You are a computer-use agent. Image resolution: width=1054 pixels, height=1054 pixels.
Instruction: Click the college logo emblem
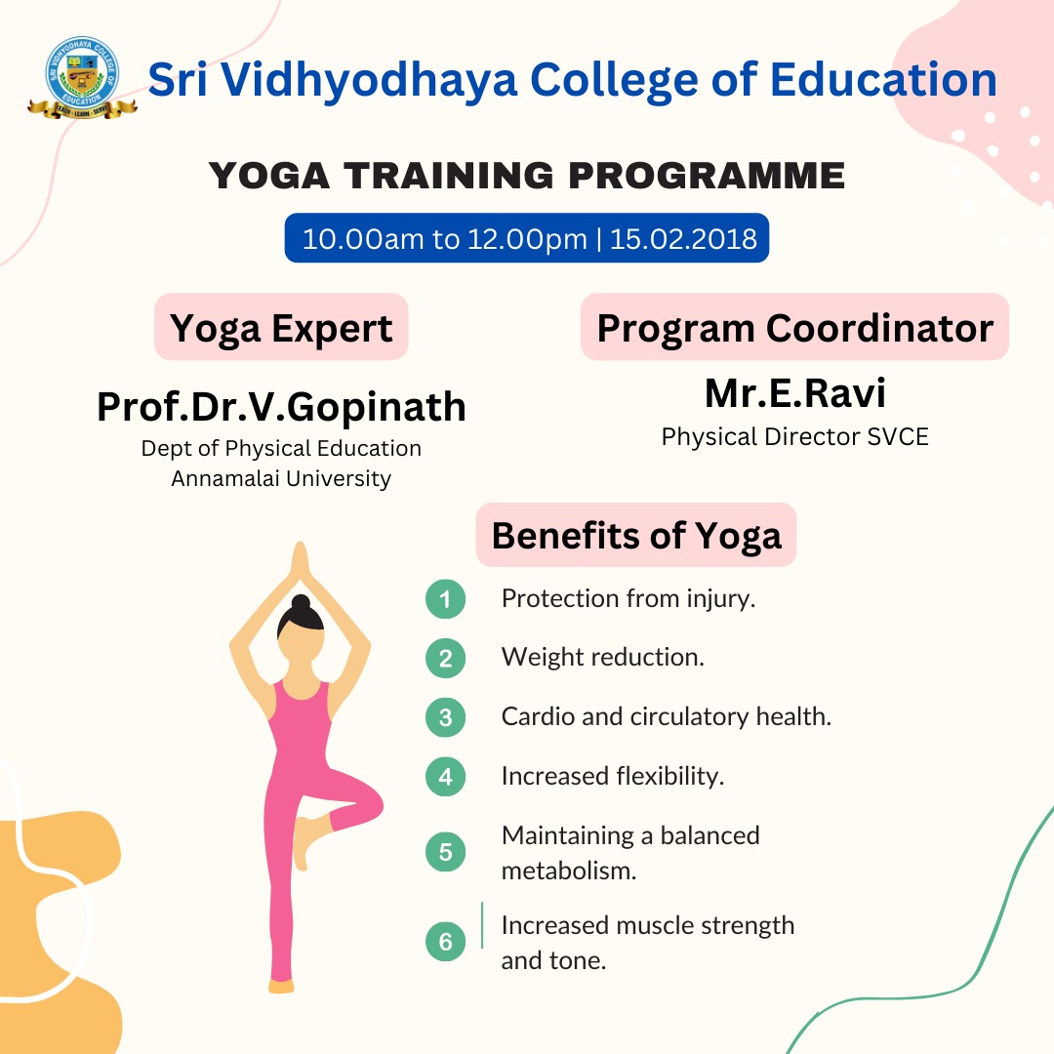[82, 78]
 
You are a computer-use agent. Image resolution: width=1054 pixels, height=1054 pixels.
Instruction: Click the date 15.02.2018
[683, 239]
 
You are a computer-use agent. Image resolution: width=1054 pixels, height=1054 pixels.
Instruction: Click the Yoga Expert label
[281, 329]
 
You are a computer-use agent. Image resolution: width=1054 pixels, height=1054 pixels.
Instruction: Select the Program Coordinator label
[795, 328]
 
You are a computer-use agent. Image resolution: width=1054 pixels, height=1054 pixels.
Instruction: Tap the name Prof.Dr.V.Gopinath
[281, 407]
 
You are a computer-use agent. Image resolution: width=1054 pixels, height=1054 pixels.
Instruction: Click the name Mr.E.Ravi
[795, 393]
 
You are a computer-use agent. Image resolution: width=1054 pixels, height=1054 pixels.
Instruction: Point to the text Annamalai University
[281, 478]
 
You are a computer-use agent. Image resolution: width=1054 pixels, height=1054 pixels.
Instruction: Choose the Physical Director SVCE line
[795, 437]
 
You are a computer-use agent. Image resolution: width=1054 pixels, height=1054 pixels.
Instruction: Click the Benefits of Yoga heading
[636, 536]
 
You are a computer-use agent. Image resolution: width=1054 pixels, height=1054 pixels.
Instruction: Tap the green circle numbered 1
[446, 599]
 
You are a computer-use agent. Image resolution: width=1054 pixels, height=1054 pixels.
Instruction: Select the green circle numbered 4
[446, 777]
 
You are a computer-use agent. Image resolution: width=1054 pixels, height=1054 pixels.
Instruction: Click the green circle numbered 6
[446, 941]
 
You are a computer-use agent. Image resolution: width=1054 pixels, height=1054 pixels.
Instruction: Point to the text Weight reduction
[603, 657]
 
